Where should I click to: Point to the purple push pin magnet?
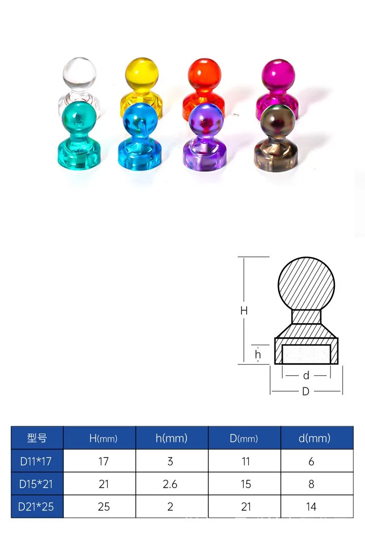(x=206, y=139)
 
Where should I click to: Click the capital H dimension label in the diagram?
(x=244, y=310)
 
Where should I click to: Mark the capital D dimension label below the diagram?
(x=306, y=391)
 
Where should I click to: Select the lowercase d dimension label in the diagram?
(x=306, y=376)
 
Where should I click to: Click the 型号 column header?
(x=37, y=438)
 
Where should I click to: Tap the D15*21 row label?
(x=36, y=484)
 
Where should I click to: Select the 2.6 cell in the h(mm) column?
(x=170, y=484)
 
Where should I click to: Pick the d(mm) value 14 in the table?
(x=311, y=507)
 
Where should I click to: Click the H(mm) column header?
(x=103, y=438)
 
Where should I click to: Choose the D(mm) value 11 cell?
(x=246, y=461)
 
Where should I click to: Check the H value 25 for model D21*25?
(x=103, y=507)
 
